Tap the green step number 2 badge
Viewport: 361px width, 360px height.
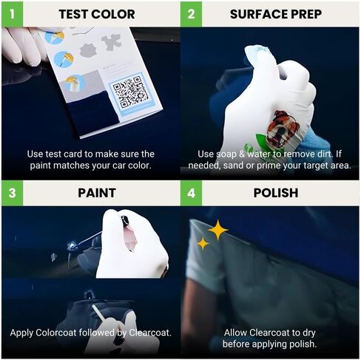coord(192,13)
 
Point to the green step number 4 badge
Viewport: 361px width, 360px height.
coord(192,193)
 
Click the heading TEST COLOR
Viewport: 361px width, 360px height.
coord(97,14)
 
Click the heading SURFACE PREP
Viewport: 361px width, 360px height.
coord(277,14)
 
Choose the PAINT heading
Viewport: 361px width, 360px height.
coord(97,193)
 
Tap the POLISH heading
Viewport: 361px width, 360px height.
coord(275,193)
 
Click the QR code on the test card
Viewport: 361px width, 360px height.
coord(132,92)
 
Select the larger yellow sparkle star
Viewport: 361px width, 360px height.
coord(217,231)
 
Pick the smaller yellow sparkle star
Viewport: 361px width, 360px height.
coord(203,243)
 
